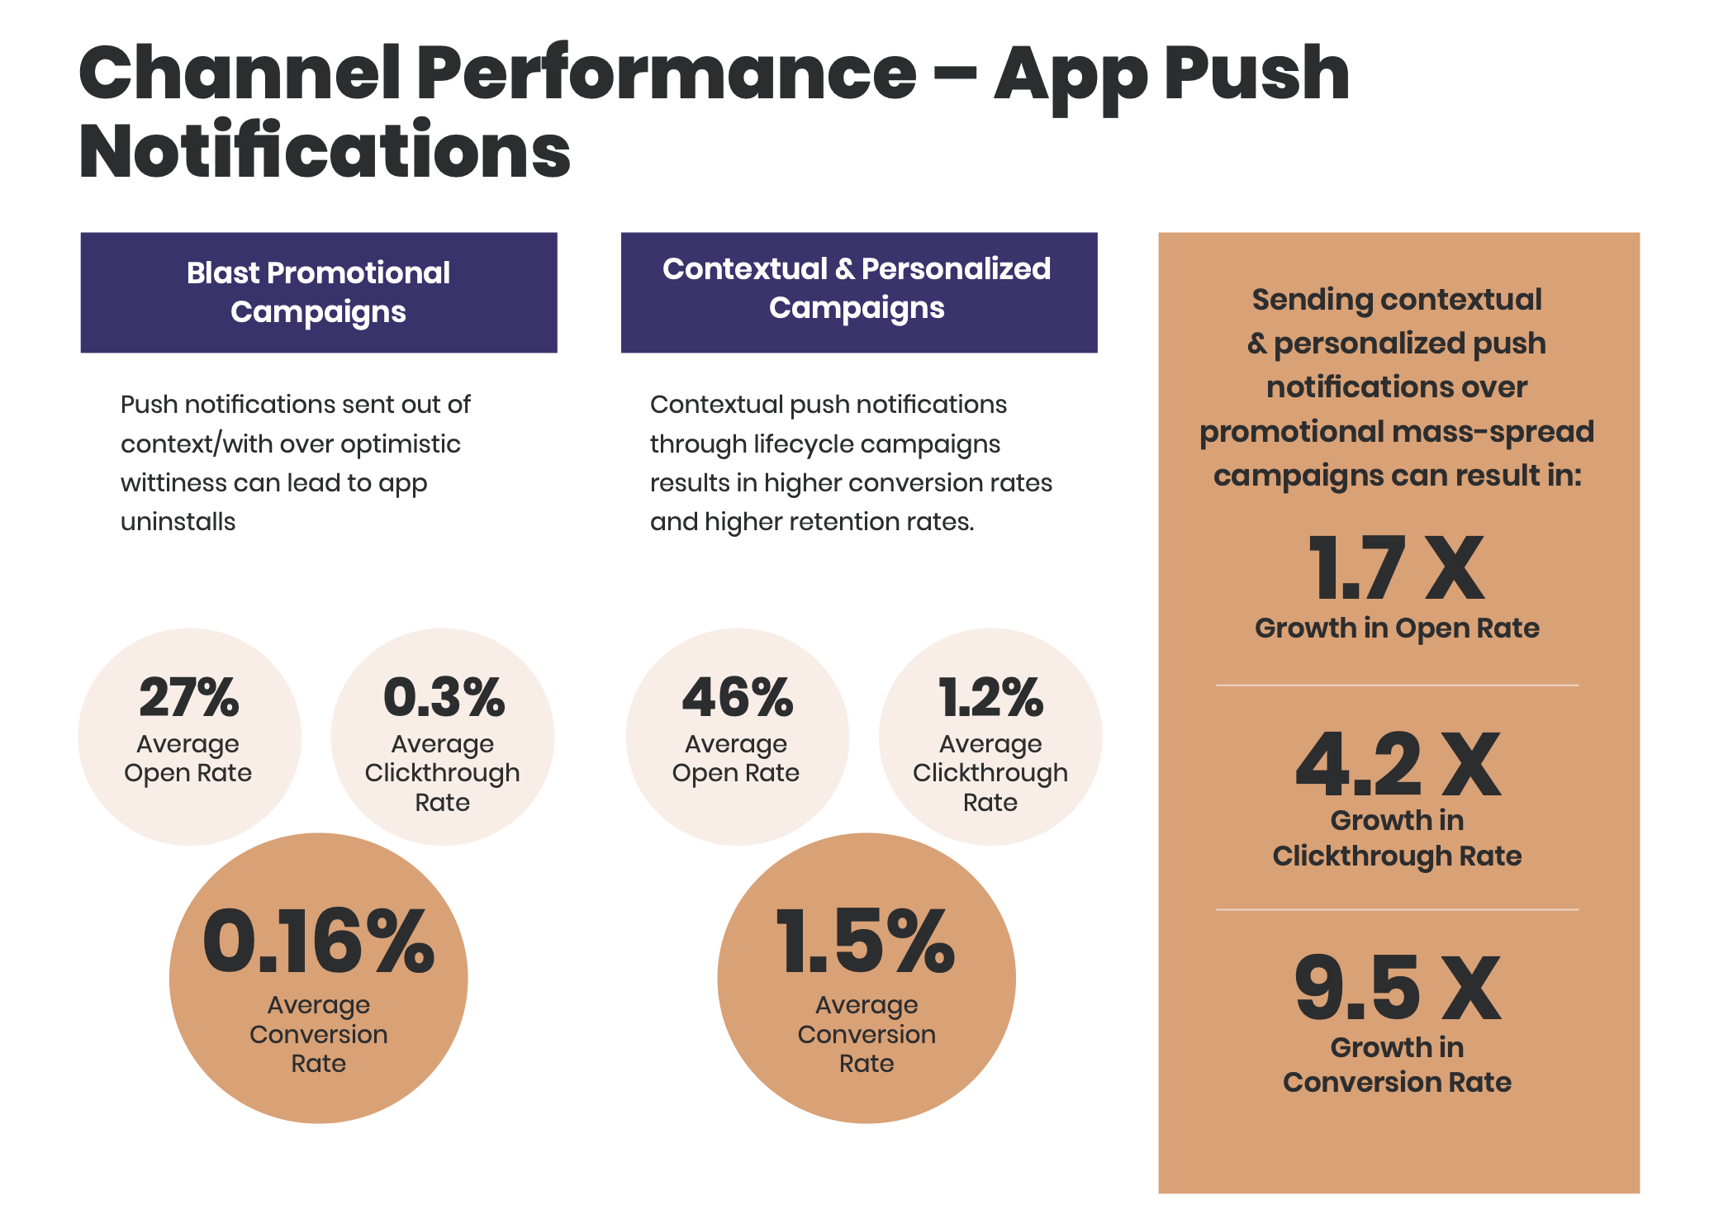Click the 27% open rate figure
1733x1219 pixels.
(x=189, y=698)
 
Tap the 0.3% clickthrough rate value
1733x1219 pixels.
(x=444, y=698)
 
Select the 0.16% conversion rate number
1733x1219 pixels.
(x=318, y=942)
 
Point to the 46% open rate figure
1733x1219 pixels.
(x=737, y=698)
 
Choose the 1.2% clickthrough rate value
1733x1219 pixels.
(x=990, y=698)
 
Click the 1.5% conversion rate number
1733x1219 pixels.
(x=866, y=942)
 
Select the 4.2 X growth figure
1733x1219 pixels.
(x=1398, y=765)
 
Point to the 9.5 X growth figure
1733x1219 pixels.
(x=1398, y=987)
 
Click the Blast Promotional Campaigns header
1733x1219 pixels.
(x=318, y=292)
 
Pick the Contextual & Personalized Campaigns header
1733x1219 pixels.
(x=857, y=288)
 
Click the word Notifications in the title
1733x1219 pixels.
(x=325, y=150)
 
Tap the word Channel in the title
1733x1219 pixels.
(x=240, y=74)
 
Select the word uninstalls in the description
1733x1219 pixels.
(x=178, y=522)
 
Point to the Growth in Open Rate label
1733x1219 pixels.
(x=1397, y=628)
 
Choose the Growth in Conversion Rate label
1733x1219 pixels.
(x=1397, y=1065)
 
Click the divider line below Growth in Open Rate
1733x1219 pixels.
(x=1397, y=685)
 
